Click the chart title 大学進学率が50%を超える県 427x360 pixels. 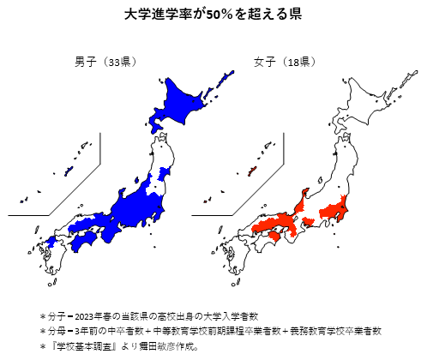coord(213,15)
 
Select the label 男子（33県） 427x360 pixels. coord(105,62)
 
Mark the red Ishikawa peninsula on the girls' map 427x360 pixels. coord(302,201)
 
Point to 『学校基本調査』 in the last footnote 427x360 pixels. coord(82,345)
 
